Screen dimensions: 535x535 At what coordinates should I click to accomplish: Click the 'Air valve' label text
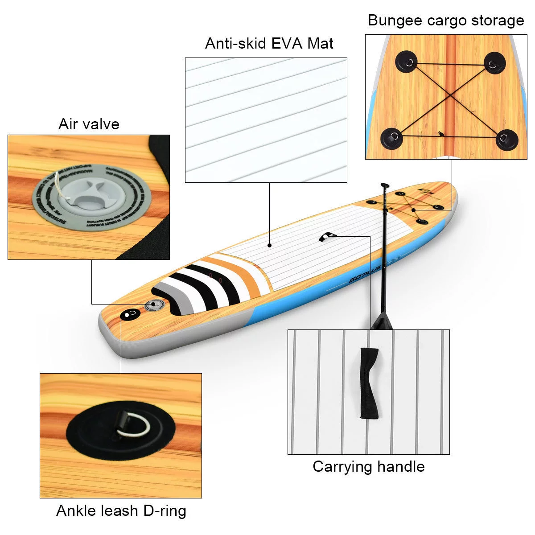click(x=89, y=123)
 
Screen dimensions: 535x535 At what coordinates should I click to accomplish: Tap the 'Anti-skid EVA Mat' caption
click(x=269, y=43)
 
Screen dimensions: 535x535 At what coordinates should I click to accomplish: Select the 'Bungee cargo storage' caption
click(x=445, y=21)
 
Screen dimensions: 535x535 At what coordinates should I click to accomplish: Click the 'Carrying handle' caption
click(x=368, y=466)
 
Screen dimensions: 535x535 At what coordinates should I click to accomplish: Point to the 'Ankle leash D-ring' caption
click(x=121, y=510)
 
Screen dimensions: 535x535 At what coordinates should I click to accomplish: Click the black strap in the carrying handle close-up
click(x=369, y=382)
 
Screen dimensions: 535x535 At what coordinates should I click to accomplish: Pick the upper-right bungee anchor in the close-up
click(x=494, y=62)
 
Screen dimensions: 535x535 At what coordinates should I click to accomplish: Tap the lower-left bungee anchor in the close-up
click(x=392, y=137)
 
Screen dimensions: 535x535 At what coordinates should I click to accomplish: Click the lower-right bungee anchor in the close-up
click(x=506, y=139)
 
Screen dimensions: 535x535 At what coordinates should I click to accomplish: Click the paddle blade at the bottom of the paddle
click(x=383, y=321)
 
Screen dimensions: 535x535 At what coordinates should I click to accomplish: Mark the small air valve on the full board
click(x=154, y=305)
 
